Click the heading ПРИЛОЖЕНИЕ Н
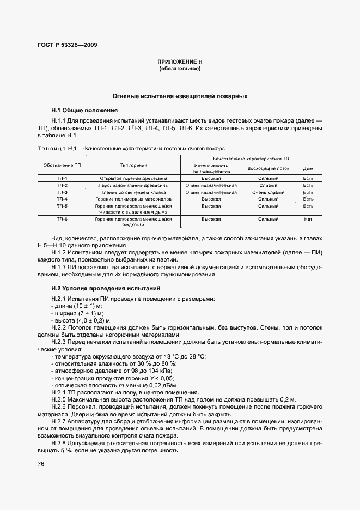coord(180,63)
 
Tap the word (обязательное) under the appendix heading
coord(180,69)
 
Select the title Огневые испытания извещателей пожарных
coord(180,96)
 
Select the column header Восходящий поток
coord(268,168)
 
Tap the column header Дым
coord(308,168)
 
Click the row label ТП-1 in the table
coord(62,178)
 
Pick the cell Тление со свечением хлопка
coord(133,192)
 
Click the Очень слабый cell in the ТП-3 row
coord(268,192)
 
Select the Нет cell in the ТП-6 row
coord(308,218)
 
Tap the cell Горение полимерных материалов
coord(133,199)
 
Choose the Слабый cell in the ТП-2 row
coord(268,185)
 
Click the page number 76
coord(41,464)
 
